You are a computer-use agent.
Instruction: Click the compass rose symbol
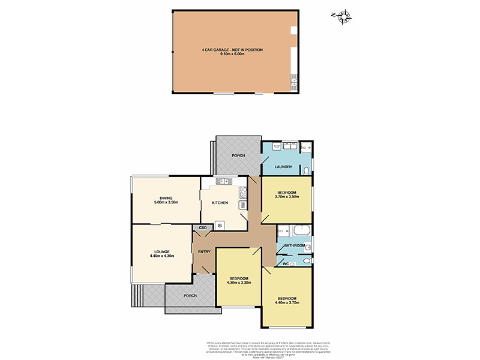(344, 17)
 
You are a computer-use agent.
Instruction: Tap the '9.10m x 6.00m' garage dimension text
(232, 54)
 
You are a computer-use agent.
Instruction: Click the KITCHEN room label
(220, 203)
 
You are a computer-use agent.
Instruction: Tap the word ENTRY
(204, 251)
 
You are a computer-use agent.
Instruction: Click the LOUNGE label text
(161, 251)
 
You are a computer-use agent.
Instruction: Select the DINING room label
(166, 199)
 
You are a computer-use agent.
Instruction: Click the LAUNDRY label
(283, 167)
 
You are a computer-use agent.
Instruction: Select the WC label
(286, 263)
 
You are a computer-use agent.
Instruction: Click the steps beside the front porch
(139, 295)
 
